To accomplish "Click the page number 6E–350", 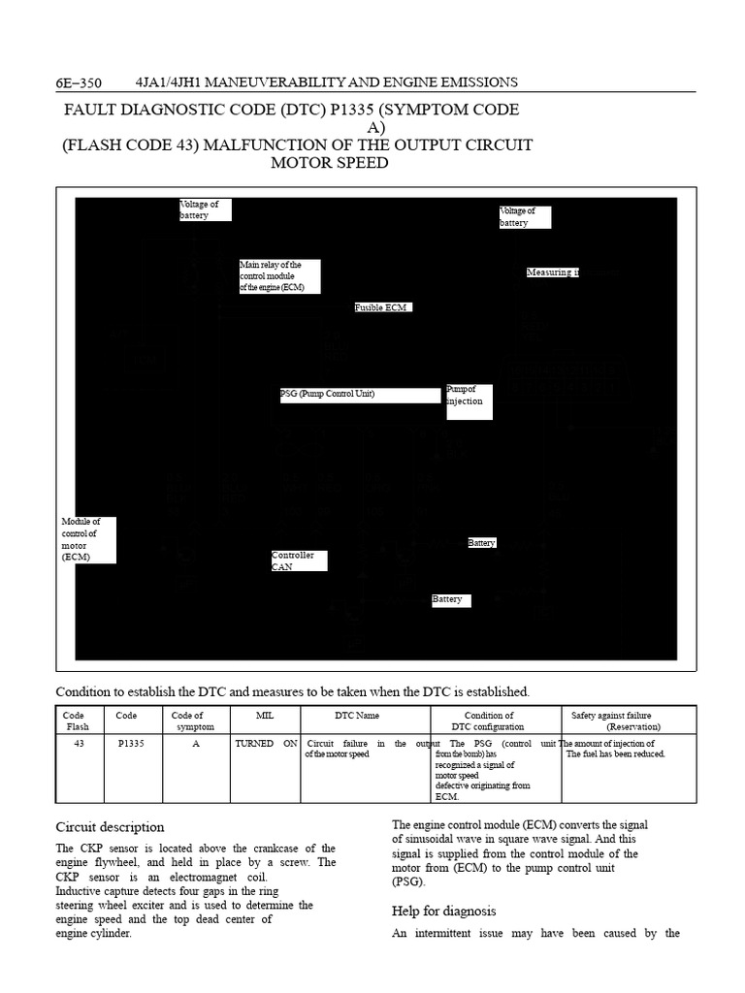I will click(x=79, y=82).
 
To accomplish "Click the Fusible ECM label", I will click(x=381, y=307).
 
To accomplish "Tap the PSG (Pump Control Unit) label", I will click(x=359, y=395).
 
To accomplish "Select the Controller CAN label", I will click(x=299, y=561).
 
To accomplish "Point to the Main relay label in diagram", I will click(x=279, y=276).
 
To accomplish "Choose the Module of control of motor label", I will click(x=87, y=540).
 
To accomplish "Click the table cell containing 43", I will click(x=77, y=744).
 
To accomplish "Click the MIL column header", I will click(x=265, y=716).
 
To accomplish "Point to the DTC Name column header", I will click(x=357, y=716).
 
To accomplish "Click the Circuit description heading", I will click(x=110, y=827).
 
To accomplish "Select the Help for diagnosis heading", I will click(x=443, y=911).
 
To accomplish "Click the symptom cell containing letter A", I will click(x=195, y=744).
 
